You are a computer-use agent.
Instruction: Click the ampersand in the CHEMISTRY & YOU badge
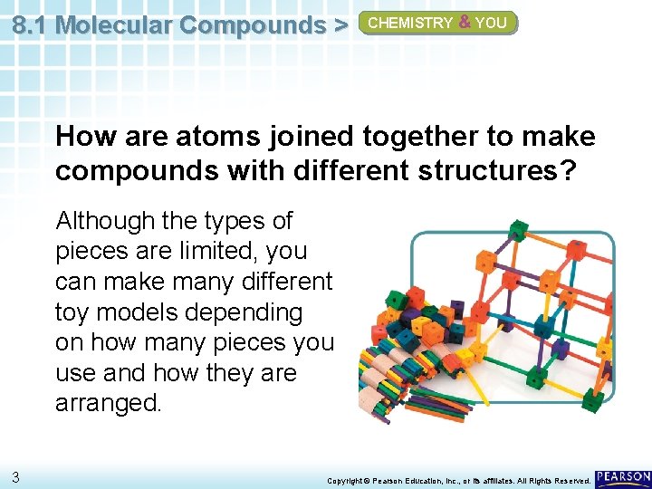(464, 23)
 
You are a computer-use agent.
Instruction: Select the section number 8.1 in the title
(31, 24)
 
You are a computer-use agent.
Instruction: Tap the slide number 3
(17, 476)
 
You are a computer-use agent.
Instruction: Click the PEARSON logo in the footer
(624, 476)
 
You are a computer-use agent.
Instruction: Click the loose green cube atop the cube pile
(396, 300)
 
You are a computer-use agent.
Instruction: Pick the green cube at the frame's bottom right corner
(591, 398)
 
